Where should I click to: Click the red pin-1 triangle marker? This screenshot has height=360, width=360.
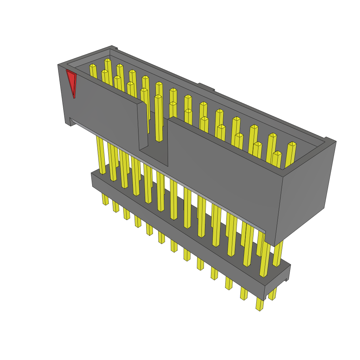point(71,82)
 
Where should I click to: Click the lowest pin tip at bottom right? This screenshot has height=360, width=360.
point(259,305)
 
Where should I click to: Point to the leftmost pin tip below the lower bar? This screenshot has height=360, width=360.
point(105,199)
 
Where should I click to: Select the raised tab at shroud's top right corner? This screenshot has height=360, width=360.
point(330,140)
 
